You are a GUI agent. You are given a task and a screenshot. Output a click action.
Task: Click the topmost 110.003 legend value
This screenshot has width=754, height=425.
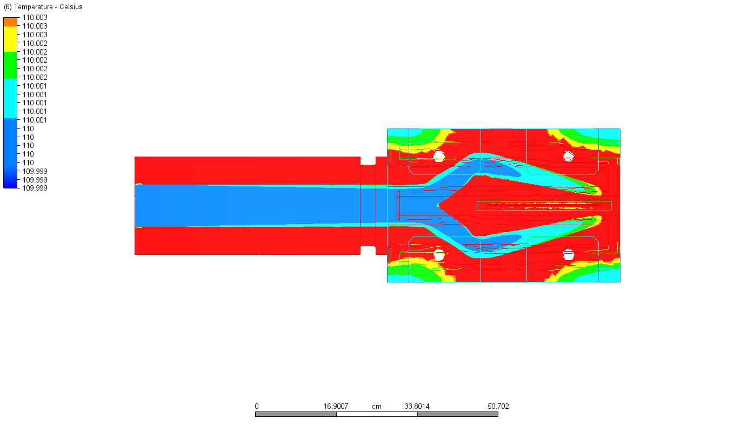tap(35, 17)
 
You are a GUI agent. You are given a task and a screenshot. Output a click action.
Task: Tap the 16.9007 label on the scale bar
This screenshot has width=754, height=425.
tap(336, 407)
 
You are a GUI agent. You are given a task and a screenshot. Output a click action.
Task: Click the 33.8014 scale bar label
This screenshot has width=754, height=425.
tap(417, 407)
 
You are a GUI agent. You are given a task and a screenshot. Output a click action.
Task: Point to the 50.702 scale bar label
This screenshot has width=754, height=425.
tap(498, 407)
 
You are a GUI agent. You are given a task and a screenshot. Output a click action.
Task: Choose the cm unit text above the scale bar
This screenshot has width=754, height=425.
tap(377, 407)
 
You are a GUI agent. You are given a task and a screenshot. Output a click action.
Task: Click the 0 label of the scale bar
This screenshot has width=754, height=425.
tap(257, 407)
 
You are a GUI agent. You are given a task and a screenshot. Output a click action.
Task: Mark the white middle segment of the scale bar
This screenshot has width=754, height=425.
tap(377, 414)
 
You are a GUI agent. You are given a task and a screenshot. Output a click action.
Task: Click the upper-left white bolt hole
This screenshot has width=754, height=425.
tap(439, 156)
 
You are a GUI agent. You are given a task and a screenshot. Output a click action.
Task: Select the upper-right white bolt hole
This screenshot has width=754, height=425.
tap(568, 156)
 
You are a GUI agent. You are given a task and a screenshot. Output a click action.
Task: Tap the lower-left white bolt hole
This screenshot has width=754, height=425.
tap(439, 254)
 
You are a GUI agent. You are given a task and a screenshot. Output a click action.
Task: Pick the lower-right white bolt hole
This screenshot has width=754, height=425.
tap(568, 254)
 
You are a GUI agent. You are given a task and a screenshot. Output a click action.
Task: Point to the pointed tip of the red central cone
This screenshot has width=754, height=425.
tap(439, 205)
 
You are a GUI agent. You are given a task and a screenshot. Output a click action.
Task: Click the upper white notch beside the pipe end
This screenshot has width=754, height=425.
tap(368, 160)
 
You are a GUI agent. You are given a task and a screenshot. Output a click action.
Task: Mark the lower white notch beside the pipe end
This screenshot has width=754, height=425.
tap(368, 250)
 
